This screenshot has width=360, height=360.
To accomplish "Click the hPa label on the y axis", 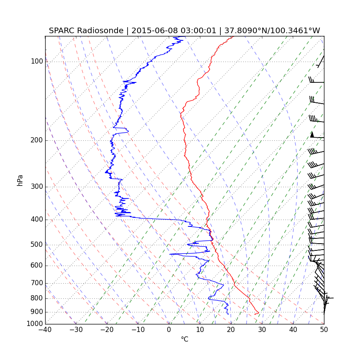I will [20, 180].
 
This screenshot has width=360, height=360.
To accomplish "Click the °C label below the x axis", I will [184, 339].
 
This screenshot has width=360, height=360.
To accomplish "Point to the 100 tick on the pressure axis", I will [37, 62].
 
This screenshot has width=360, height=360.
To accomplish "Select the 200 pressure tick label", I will [37, 140].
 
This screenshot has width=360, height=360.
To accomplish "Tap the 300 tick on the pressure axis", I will [37, 187].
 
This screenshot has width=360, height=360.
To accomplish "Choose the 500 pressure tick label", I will [37, 245].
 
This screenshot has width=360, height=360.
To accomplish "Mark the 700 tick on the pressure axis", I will [37, 283].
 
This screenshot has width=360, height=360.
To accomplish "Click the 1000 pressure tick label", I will [35, 324].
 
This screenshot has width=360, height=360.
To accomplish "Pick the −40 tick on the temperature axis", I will [45, 330].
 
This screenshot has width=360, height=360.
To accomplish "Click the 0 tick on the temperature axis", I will [169, 330].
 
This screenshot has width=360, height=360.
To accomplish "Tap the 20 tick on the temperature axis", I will [231, 330].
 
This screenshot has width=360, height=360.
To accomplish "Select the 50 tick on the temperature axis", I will [324, 330].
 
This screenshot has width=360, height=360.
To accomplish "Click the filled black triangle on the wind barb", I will [312, 135].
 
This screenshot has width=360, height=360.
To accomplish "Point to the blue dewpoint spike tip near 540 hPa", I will [170, 254].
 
